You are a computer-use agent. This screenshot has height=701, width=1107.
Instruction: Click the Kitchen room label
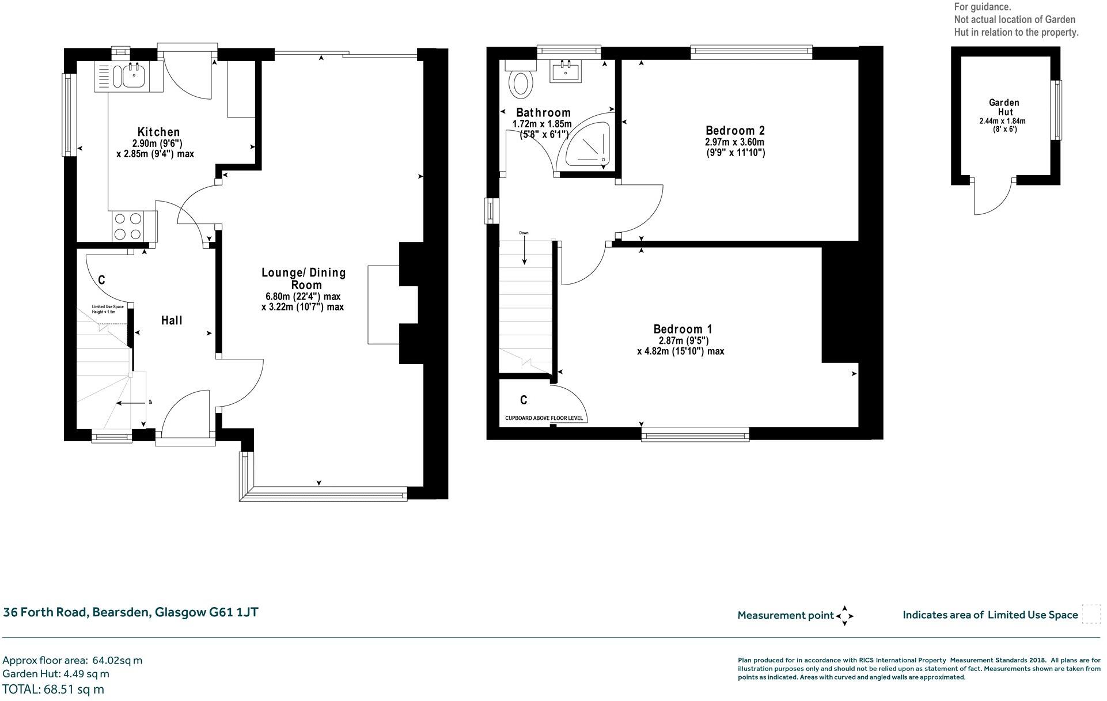tap(158, 132)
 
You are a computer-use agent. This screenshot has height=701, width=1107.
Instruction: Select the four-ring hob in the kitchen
tap(128, 226)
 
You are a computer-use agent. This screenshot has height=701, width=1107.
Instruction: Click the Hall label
tap(172, 320)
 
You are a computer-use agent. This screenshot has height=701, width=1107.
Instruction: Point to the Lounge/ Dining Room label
tap(304, 278)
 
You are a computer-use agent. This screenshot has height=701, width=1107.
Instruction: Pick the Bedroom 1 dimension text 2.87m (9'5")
tap(683, 340)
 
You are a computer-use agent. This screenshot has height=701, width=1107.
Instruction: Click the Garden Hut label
tap(1003, 107)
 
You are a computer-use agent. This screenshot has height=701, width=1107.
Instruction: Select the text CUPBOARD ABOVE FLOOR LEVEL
tap(544, 418)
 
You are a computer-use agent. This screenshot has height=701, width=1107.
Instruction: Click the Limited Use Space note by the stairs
tap(108, 309)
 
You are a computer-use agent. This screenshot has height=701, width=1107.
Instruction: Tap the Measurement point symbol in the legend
tap(844, 616)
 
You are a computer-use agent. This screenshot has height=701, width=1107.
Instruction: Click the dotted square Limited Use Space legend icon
tap(1091, 614)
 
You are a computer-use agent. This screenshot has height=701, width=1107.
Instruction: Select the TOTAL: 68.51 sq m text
tap(54, 689)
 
